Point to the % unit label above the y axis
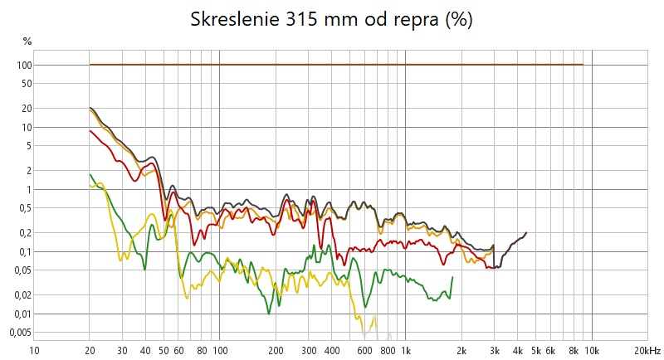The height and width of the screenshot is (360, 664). coord(27,40)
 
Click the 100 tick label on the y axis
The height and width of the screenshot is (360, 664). coord(24,65)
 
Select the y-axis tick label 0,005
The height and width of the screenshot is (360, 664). coord(20,333)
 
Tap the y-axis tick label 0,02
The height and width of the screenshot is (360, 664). coord(22,295)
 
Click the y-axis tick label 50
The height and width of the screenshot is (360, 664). coord(27,83)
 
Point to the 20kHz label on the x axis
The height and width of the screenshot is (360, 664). coord(647,351)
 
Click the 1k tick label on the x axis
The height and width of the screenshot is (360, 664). coord(406,351)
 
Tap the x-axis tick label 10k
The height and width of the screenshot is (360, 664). coord(592,351)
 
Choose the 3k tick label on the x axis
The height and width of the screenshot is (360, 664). coord(495,351)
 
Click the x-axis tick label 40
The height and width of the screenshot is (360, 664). coord(145,351)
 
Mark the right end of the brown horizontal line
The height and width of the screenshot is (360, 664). coord(583,65)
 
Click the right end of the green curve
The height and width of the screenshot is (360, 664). coord(452,277)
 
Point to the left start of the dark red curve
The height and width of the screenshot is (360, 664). coord(90,130)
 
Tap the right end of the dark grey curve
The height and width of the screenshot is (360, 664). coord(527,233)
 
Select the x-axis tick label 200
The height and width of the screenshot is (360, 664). coord(276,351)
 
